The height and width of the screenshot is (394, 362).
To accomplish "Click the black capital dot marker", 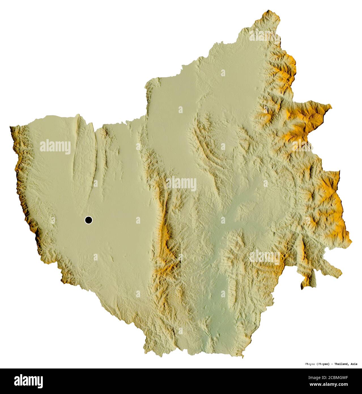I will pyautogui.click(x=89, y=220).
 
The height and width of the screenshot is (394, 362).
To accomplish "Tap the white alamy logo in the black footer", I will pyautogui.click(x=29, y=381).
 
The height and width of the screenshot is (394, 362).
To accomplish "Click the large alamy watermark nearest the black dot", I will pyautogui.click(x=55, y=147).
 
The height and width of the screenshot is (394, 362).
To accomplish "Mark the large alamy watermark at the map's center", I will pyautogui.click(x=181, y=184).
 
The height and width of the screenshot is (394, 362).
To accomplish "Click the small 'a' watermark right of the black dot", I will pyautogui.click(x=138, y=220).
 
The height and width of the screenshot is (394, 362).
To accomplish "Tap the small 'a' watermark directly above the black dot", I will pyautogui.click(x=95, y=183).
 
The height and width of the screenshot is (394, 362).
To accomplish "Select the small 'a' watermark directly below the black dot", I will pyautogui.click(x=95, y=257).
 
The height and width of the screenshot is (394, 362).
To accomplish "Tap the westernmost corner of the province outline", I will pyautogui.click(x=10, y=127).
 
